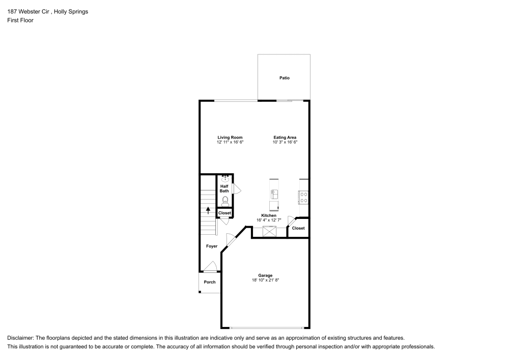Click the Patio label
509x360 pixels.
click(x=284, y=78)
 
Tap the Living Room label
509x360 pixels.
click(x=230, y=137)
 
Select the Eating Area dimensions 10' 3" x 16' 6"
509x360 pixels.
click(x=285, y=143)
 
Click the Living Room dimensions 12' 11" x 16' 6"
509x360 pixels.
click(x=230, y=143)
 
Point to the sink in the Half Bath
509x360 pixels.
click(x=225, y=179)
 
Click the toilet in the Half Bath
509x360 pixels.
click(x=225, y=201)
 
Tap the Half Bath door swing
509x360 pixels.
click(x=236, y=188)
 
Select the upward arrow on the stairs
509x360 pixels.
click(x=208, y=210)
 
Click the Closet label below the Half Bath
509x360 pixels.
click(x=224, y=213)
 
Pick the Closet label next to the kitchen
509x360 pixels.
click(x=298, y=228)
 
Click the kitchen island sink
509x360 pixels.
click(x=274, y=194)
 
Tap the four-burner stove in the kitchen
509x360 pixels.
click(x=304, y=197)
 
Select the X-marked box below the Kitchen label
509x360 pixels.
click(x=269, y=232)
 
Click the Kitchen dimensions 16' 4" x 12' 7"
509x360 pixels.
click(x=269, y=220)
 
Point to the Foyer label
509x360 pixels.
click(x=212, y=246)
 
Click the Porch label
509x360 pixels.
click(x=209, y=282)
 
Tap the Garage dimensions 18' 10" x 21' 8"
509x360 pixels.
click(x=265, y=281)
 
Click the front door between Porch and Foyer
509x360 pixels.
click(x=210, y=267)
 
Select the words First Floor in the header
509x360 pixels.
click(x=20, y=20)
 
